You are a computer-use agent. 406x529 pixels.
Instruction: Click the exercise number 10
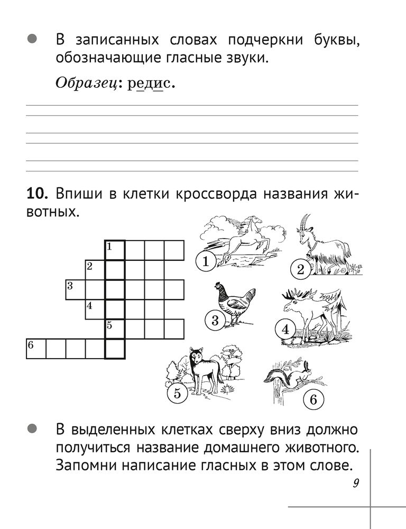click(38, 194)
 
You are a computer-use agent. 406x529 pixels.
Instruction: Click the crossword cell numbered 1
click(115, 250)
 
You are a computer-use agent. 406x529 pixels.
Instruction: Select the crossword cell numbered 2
click(95, 270)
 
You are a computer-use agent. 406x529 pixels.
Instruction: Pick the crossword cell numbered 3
click(76, 290)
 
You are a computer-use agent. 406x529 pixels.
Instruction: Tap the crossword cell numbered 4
click(95, 309)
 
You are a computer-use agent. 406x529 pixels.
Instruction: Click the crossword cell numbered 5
click(115, 329)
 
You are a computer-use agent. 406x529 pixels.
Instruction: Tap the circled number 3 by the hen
click(215, 320)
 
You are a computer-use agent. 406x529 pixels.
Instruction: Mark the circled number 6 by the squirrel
click(312, 400)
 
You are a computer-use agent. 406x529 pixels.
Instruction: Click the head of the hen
click(218, 288)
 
